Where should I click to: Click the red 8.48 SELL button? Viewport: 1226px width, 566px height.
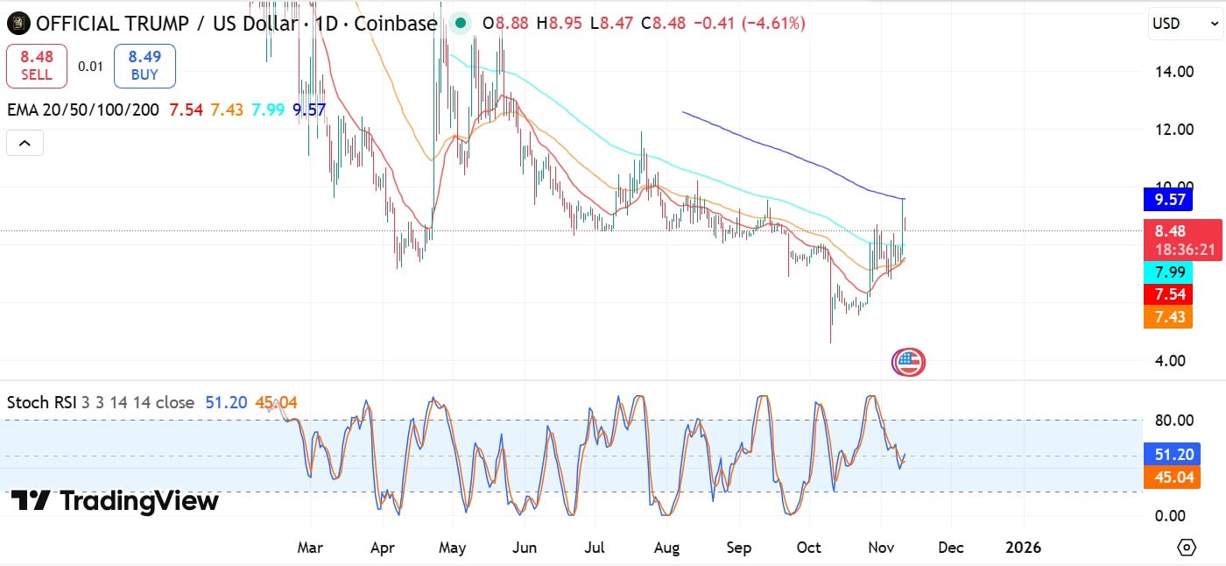pyautogui.click(x=37, y=66)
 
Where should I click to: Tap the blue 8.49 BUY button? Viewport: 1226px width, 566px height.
pyautogui.click(x=144, y=66)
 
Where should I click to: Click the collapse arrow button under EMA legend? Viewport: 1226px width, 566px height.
pyautogui.click(x=25, y=142)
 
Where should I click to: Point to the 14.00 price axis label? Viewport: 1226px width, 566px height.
pyautogui.click(x=1173, y=72)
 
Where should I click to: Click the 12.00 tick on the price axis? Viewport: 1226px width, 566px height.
pyautogui.click(x=1173, y=130)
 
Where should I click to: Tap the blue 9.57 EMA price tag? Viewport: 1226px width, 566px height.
pyautogui.click(x=1169, y=200)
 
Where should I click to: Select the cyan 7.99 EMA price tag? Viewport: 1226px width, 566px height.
pyautogui.click(x=1169, y=272)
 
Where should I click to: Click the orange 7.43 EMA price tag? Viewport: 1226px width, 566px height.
pyautogui.click(x=1169, y=317)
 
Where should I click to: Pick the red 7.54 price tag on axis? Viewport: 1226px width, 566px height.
pyautogui.click(x=1169, y=294)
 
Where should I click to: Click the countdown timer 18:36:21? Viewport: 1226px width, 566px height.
pyautogui.click(x=1184, y=250)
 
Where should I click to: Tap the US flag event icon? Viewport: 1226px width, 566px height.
pyautogui.click(x=908, y=362)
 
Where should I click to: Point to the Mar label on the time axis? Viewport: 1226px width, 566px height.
pyautogui.click(x=310, y=548)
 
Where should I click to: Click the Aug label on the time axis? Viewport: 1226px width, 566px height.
pyautogui.click(x=666, y=548)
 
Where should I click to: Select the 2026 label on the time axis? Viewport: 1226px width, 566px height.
pyautogui.click(x=1023, y=548)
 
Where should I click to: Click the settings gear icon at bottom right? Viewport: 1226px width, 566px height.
pyautogui.click(x=1187, y=548)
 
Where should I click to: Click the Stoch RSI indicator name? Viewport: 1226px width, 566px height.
pyautogui.click(x=42, y=402)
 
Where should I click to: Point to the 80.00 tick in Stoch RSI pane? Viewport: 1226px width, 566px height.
pyautogui.click(x=1174, y=420)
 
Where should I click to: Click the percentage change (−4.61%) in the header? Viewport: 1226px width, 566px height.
pyautogui.click(x=773, y=24)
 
